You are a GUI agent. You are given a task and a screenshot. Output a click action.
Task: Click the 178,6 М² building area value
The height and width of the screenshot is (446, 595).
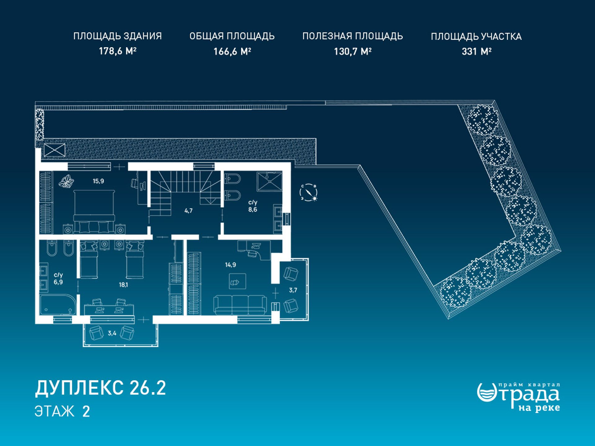click(118, 51)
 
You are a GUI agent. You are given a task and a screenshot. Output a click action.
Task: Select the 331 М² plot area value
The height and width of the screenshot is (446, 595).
click(476, 51)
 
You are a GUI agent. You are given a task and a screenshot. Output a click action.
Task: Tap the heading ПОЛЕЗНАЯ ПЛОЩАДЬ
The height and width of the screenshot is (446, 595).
click(353, 36)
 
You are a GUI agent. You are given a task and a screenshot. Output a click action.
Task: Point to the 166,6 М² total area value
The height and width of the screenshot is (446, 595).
click(232, 51)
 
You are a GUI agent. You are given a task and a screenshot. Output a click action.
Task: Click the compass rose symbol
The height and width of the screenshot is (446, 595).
click(309, 192)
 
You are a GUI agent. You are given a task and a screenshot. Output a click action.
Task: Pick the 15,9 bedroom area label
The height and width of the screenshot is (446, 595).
click(98, 181)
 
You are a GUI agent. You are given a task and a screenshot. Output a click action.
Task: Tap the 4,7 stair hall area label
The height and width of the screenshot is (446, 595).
click(188, 211)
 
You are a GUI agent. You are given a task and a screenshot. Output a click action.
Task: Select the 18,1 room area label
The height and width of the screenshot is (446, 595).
click(123, 285)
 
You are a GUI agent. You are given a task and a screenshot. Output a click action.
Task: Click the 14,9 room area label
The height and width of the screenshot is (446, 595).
click(231, 265)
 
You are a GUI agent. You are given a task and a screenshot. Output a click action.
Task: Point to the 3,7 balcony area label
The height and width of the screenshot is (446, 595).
click(293, 290)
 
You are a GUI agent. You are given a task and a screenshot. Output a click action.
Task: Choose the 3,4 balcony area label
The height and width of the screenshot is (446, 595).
click(112, 333)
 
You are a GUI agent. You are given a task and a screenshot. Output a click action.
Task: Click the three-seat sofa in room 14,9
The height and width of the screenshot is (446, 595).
click(240, 304)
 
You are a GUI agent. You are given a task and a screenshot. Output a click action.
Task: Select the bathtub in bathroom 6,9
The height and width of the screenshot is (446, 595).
click(58, 305)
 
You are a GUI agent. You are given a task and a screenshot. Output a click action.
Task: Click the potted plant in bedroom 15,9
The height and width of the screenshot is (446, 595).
click(67, 181)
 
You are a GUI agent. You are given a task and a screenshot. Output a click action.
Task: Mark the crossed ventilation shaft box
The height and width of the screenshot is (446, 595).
click(55, 150)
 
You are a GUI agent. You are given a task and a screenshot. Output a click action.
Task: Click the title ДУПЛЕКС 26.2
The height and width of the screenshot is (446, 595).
click(100, 388)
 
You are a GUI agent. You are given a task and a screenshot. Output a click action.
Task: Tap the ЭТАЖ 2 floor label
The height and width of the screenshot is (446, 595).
click(62, 412)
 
